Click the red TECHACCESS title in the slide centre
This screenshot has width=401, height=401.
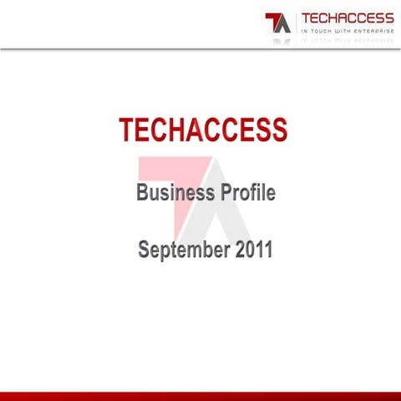(x=203, y=130)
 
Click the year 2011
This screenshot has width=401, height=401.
(x=253, y=249)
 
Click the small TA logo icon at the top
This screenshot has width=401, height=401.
(x=277, y=23)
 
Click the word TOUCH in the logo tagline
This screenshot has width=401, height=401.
(x=321, y=30)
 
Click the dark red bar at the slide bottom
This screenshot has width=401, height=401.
(x=200, y=395)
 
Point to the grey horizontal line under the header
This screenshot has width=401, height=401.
(x=200, y=48)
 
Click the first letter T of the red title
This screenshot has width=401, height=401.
(x=125, y=130)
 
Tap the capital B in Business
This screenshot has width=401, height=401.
(x=143, y=194)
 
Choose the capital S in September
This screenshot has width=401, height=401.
(x=145, y=249)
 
